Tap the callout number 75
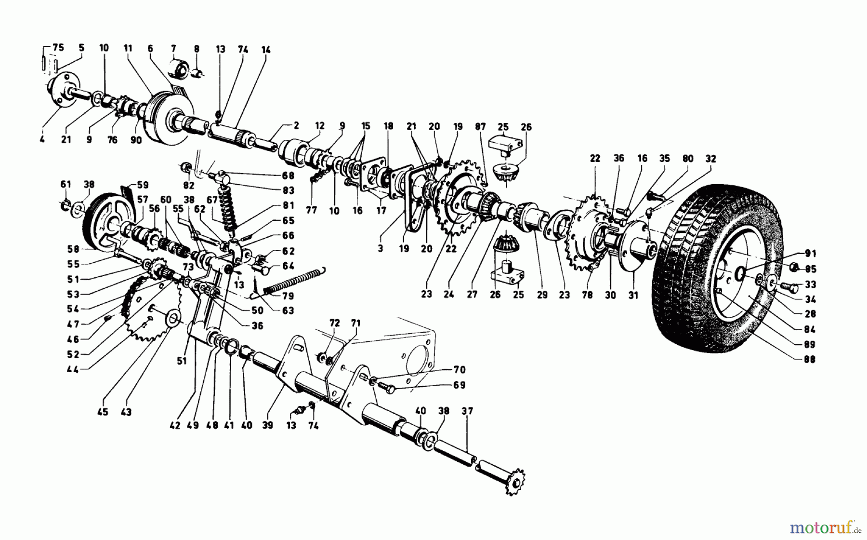click(x=58, y=47)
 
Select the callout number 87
click(x=480, y=126)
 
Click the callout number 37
click(x=467, y=411)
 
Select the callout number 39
click(x=268, y=425)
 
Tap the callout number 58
click(x=74, y=249)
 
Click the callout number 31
click(x=633, y=295)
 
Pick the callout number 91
click(x=810, y=254)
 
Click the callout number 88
click(x=810, y=359)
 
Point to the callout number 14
click(x=266, y=50)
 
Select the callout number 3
click(x=381, y=249)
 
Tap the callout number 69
click(x=460, y=385)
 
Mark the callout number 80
click(x=688, y=159)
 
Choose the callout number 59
click(x=143, y=185)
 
